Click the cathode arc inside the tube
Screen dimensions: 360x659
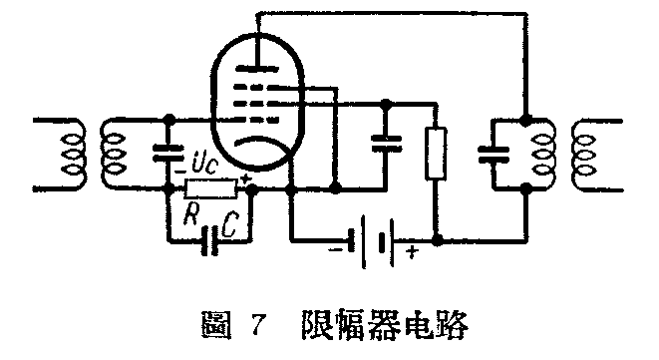point(255,144)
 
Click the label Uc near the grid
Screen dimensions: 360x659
point(201,161)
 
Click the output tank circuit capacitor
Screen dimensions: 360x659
point(490,154)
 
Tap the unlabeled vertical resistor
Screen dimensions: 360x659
point(438,154)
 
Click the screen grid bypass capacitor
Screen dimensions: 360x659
point(385,144)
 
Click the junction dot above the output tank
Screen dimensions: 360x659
point(525,118)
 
